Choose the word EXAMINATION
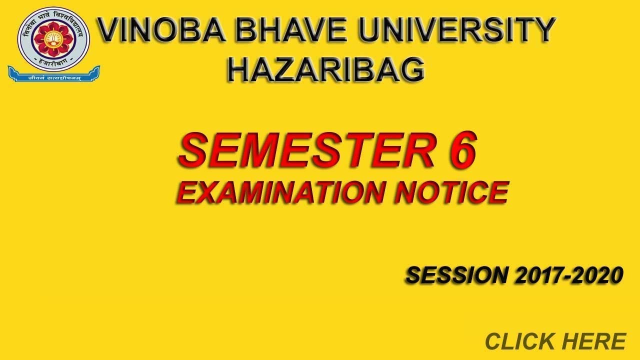pos(280,193)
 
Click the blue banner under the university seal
pos(53,75)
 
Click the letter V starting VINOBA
pos(110,31)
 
